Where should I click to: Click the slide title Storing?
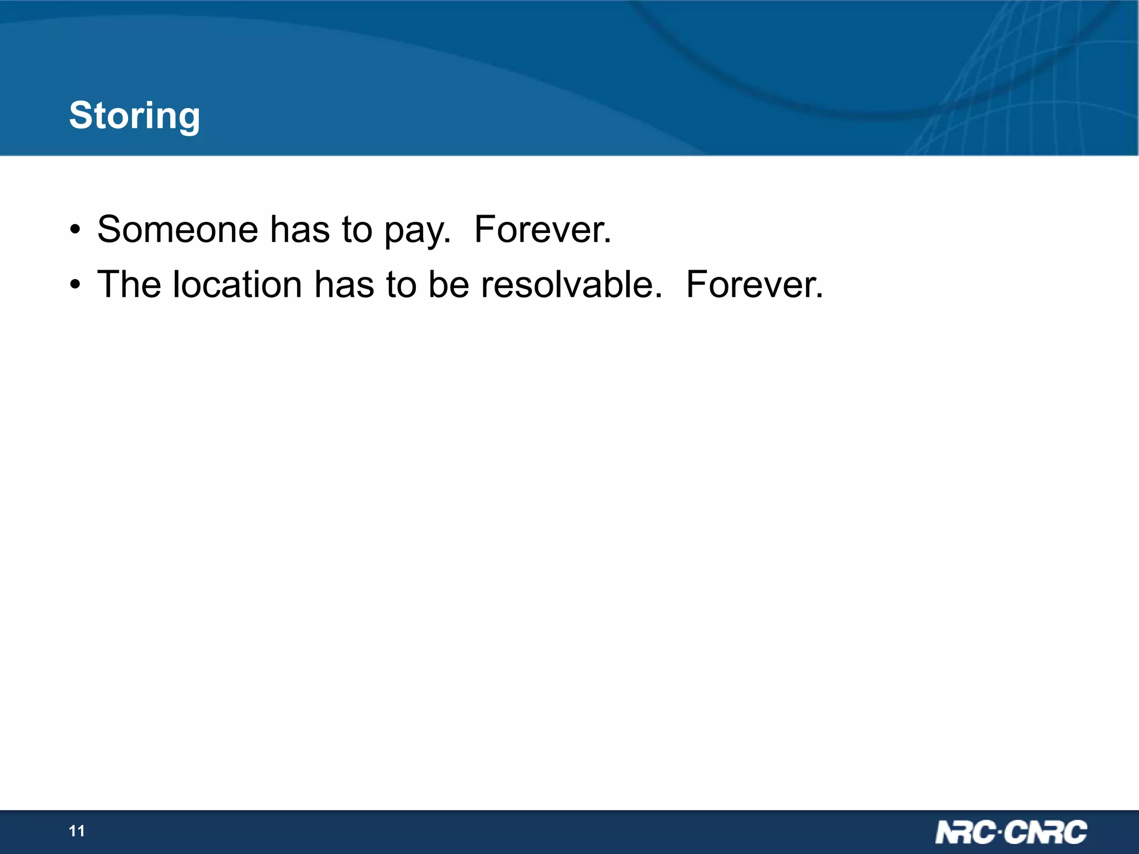(x=134, y=116)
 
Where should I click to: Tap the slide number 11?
(x=77, y=831)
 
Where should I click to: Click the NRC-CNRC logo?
(x=1011, y=832)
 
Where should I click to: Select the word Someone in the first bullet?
(x=177, y=229)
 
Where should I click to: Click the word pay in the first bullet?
(x=417, y=230)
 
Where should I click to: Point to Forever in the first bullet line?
(x=542, y=229)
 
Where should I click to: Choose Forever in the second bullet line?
(x=754, y=284)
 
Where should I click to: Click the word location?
(x=237, y=284)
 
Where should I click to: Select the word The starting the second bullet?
(x=129, y=284)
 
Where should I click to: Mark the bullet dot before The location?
(x=75, y=285)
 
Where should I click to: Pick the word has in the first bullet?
(x=300, y=229)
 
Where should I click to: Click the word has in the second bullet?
(x=344, y=284)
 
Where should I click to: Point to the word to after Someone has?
(x=356, y=229)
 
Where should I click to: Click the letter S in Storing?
(x=81, y=116)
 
